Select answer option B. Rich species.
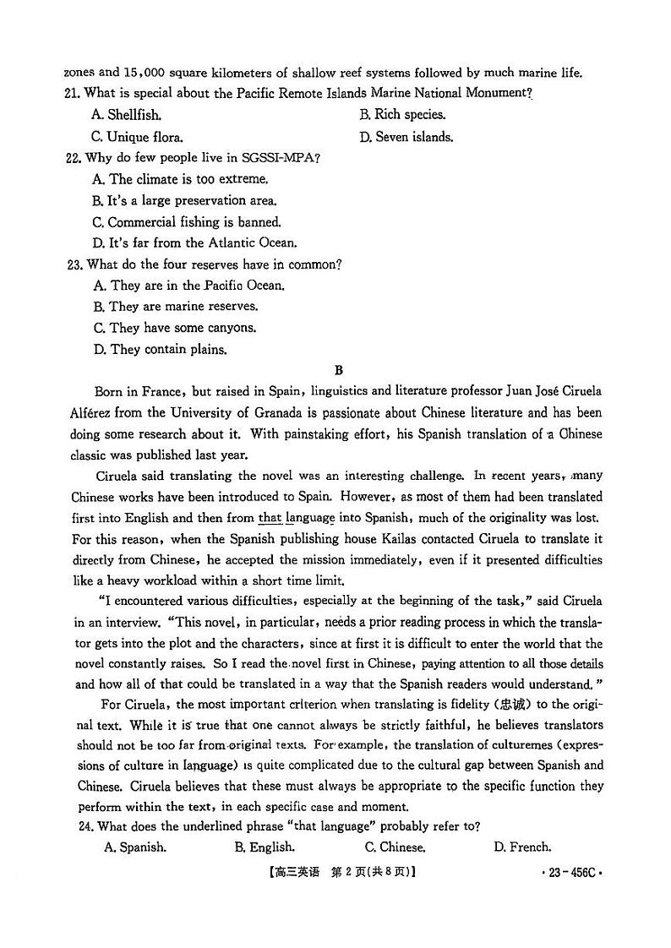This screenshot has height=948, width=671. click(402, 115)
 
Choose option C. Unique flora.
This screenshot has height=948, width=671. click(137, 137)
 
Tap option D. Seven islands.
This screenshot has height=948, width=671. click(406, 137)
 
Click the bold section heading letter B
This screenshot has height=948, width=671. click(339, 370)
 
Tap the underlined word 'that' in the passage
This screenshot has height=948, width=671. click(270, 518)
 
